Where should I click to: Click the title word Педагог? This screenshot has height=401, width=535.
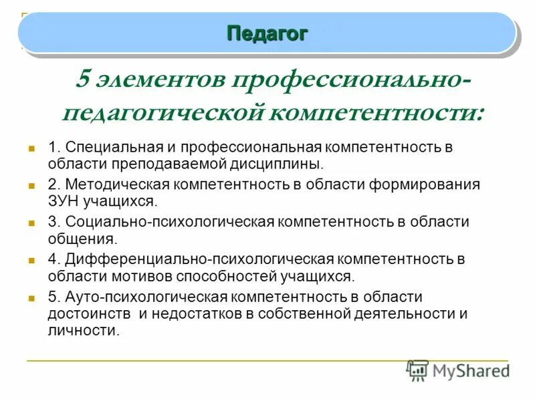[x=267, y=33]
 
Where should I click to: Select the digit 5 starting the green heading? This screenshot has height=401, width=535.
[x=84, y=80]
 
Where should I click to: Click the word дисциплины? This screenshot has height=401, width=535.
[x=285, y=163]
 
